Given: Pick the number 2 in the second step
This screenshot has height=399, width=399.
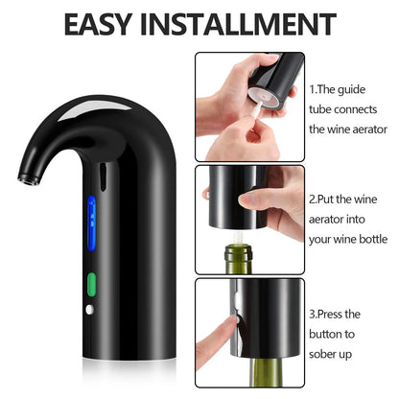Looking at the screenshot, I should (x=314, y=200).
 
